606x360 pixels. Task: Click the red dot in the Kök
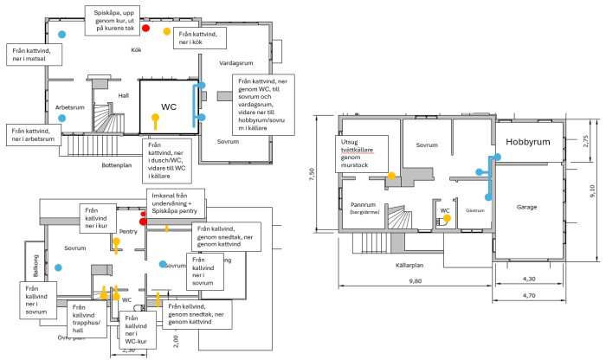click(145, 29)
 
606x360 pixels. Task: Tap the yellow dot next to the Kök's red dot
click(167, 32)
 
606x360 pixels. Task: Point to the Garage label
click(528, 209)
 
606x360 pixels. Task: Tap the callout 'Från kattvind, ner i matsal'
click(31, 56)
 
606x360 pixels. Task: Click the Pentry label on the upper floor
click(129, 232)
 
